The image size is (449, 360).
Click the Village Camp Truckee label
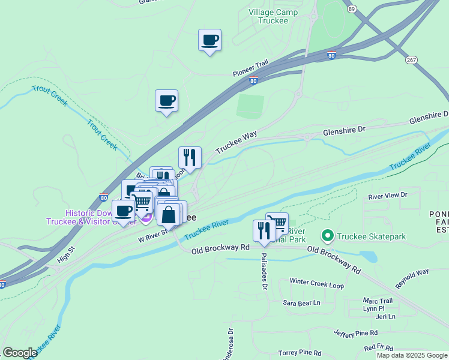click(277, 16)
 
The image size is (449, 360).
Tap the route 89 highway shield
click(351, 8)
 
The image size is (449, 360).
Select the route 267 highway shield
click(411, 60)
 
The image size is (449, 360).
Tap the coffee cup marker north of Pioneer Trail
click(209, 40)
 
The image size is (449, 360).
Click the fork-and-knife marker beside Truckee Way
click(190, 158)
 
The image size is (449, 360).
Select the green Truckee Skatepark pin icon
click(327, 236)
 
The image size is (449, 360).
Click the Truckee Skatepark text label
click(372, 236)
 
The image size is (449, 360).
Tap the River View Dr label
click(387, 195)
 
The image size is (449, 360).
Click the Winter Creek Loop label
click(316, 281)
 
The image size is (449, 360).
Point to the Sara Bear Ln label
click(302, 303)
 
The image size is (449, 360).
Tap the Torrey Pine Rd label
click(300, 353)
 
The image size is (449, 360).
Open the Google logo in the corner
click(20, 352)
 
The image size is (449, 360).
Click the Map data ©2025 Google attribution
click(411, 355)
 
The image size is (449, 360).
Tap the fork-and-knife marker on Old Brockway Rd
click(264, 231)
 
